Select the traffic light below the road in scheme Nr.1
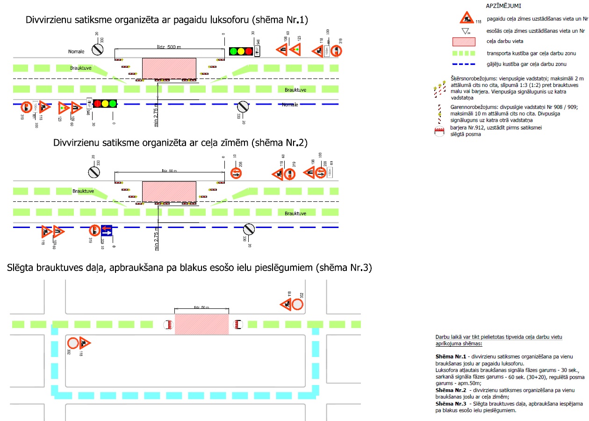(105, 104)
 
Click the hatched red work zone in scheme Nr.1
(169, 69)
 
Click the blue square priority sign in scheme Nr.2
(106, 230)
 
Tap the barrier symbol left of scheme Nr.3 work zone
(167, 324)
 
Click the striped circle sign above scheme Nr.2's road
(94, 172)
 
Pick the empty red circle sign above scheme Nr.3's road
(298, 305)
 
